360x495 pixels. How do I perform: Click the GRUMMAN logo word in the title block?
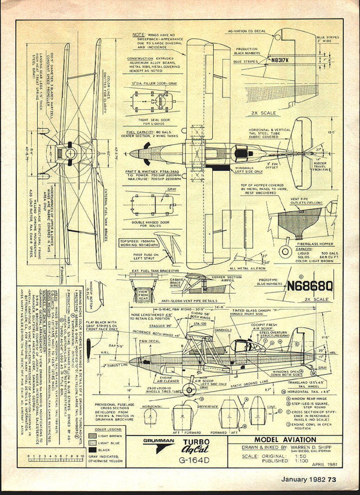pyautogui.click(x=159, y=441)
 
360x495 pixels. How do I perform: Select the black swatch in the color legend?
pyautogui.click(x=92, y=450)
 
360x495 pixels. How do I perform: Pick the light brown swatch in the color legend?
pyautogui.click(x=92, y=436)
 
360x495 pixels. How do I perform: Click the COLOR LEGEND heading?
pyautogui.click(x=108, y=430)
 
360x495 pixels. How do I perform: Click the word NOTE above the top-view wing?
pyautogui.click(x=139, y=35)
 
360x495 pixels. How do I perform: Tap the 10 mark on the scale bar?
pyautogui.click(x=82, y=455)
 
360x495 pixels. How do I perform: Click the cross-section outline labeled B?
pyautogui.click(x=182, y=416)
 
